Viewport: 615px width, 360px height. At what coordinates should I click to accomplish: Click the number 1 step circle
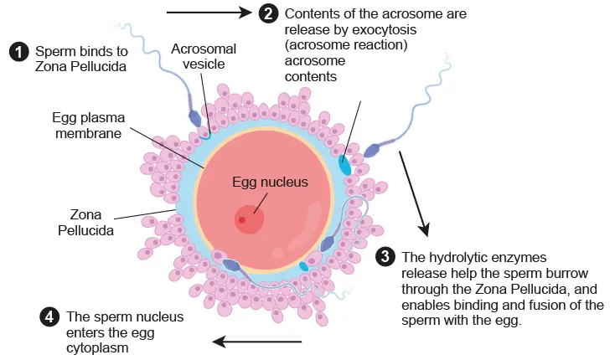(19, 52)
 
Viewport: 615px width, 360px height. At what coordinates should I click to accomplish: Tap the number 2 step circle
(268, 13)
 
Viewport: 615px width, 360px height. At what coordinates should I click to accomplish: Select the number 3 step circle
(385, 256)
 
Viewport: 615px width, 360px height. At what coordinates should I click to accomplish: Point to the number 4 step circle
(50, 317)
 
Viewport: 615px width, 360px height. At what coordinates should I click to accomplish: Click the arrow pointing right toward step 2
(209, 13)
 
